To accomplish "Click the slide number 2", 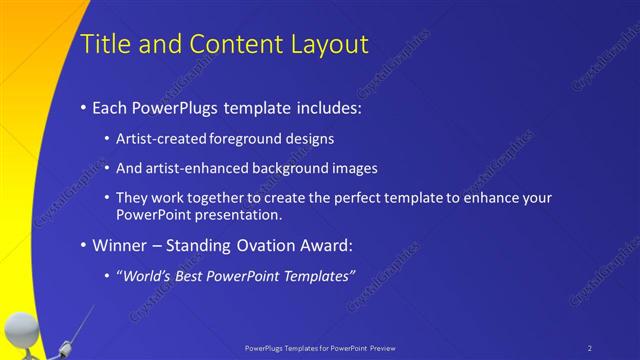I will click(x=590, y=347).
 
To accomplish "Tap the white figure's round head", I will click(x=21, y=329).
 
